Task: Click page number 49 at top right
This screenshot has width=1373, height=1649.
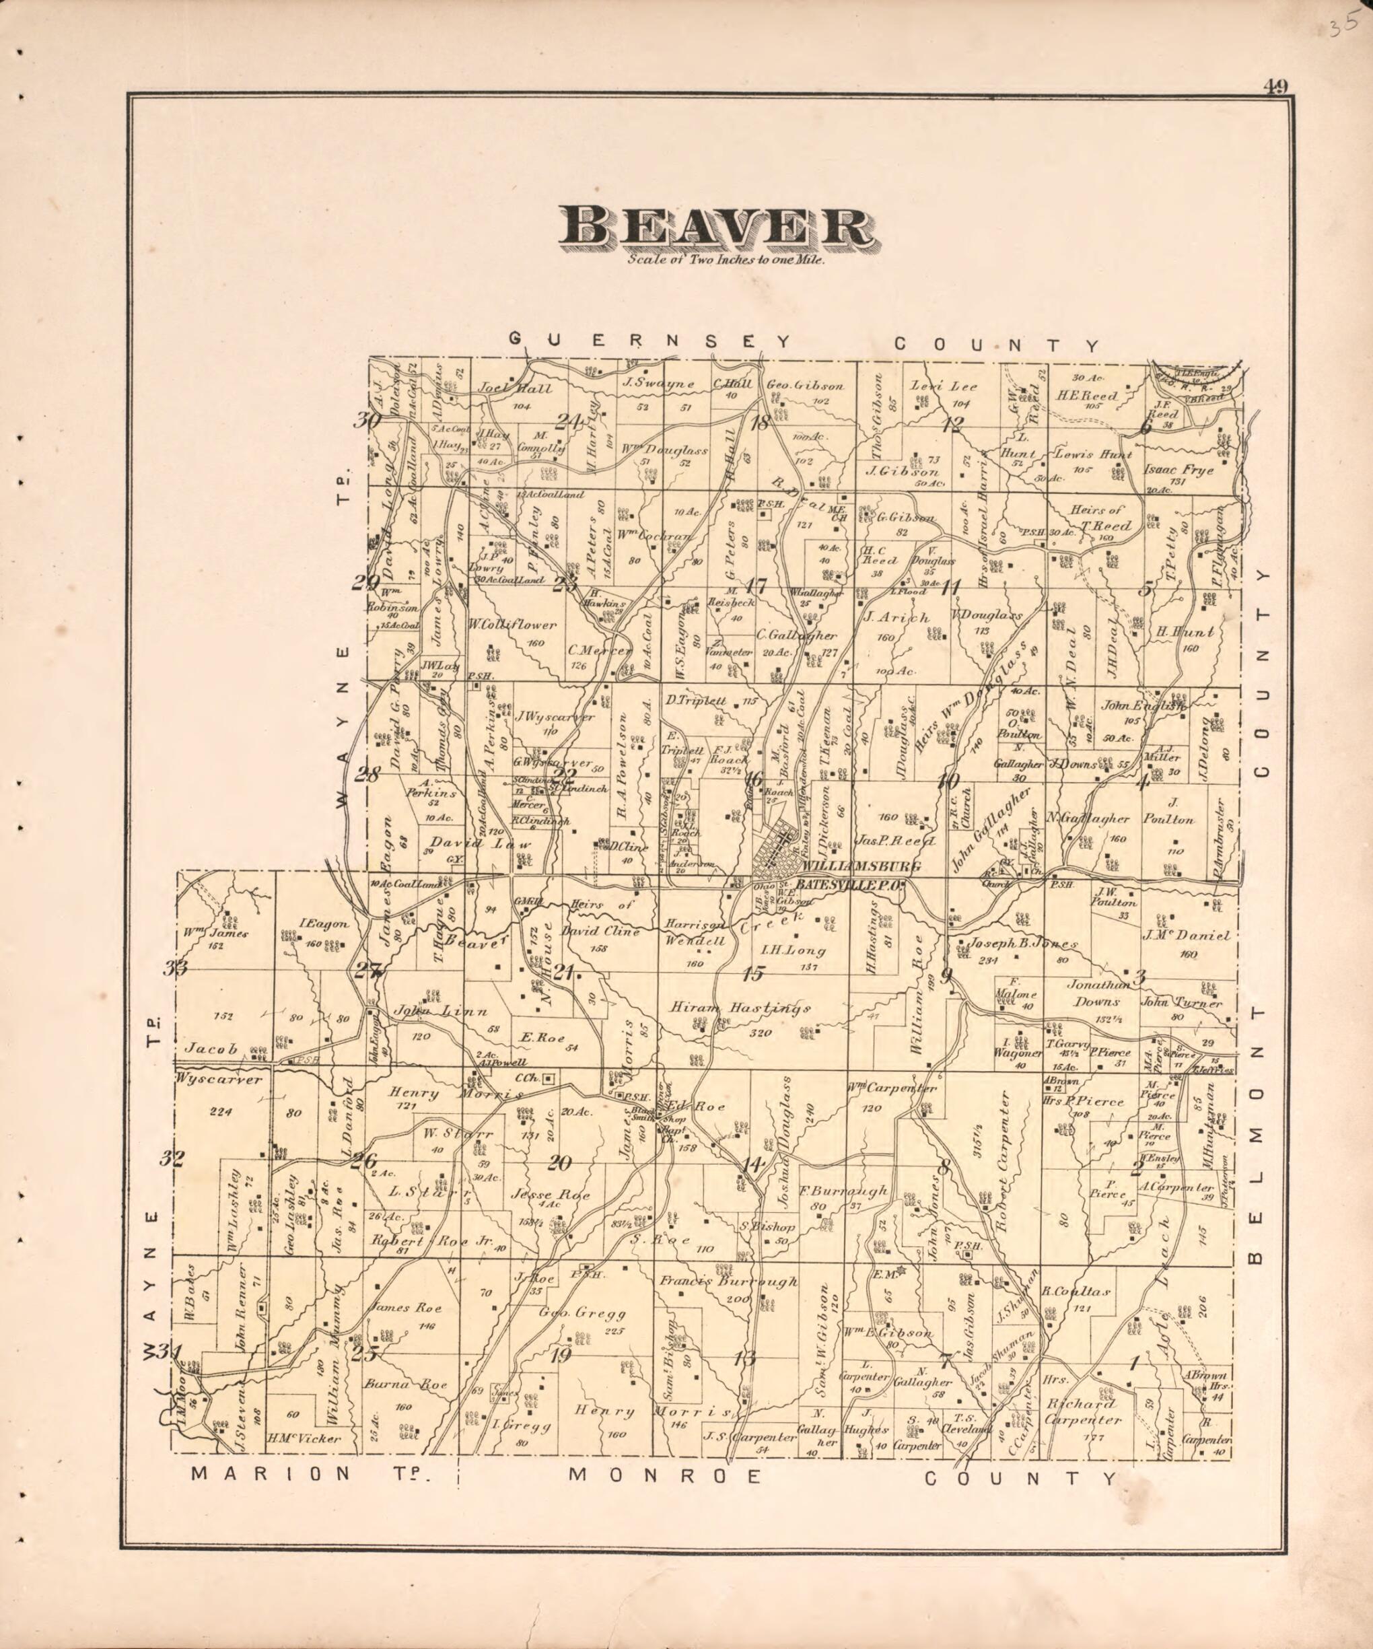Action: (1275, 87)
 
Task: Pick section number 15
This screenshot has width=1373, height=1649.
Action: (752, 974)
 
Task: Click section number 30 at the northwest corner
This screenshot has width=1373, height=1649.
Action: (366, 421)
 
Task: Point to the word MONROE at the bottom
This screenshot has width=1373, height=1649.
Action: (665, 1475)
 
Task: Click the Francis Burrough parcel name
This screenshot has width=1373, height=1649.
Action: (728, 1282)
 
